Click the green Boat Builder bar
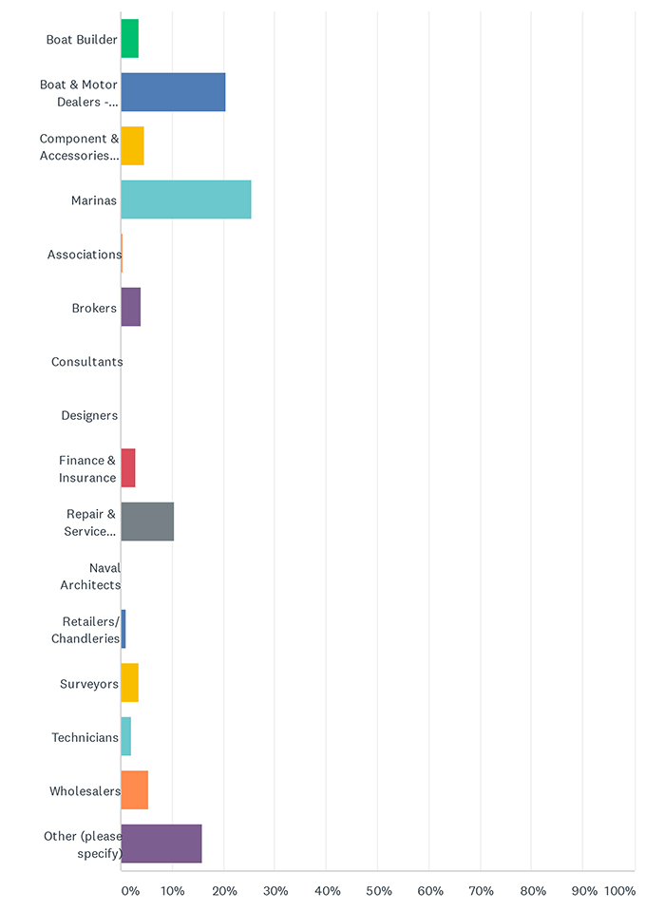130,39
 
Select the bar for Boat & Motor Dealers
173,92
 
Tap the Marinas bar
186,199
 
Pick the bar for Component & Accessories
133,146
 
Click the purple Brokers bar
131,307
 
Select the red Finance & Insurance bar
128,468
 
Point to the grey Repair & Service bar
147,522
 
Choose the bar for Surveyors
130,683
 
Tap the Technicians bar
126,736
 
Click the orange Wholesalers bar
135,789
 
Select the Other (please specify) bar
161,844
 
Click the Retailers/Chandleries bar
123,629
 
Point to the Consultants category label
86,362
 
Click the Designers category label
89,415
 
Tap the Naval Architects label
91,576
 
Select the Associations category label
85,255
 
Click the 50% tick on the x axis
378,891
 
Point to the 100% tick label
619,891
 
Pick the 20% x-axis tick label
224,891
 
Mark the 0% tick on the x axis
129,891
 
